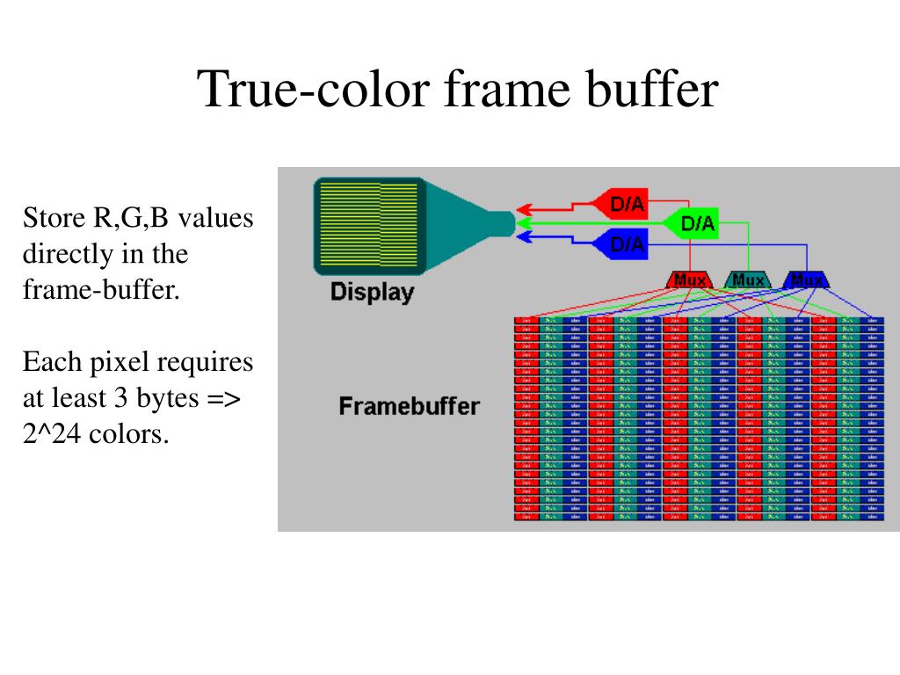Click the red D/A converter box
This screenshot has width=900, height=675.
pyautogui.click(x=625, y=205)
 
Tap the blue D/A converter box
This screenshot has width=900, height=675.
pyautogui.click(x=625, y=243)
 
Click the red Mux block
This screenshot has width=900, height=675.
pyautogui.click(x=690, y=280)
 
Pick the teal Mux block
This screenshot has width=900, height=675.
pyautogui.click(x=748, y=280)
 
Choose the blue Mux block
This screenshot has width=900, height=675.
pyautogui.click(x=806, y=280)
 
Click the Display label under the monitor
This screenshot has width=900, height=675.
pyautogui.click(x=372, y=292)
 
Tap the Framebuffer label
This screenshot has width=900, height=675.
pyautogui.click(x=409, y=406)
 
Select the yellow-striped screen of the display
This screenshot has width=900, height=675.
pyautogui.click(x=367, y=224)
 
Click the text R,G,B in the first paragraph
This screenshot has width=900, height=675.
pyautogui.click(x=129, y=218)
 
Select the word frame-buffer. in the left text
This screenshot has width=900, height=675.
pyautogui.click(x=101, y=290)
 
